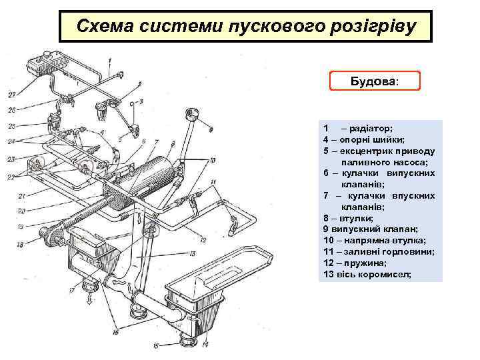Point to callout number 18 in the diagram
coord(20,245)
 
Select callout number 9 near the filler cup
coord(211,127)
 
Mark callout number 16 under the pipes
coord(116,331)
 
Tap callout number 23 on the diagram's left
coord(11,159)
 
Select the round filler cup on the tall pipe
coord(195,113)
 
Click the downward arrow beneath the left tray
coord(88,299)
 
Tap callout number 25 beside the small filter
coord(11,126)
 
